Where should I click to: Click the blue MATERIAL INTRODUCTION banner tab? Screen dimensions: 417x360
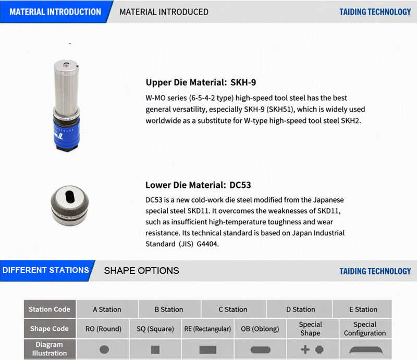pyautogui.click(x=55, y=11)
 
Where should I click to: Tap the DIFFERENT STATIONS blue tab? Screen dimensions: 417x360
pyautogui.click(x=46, y=271)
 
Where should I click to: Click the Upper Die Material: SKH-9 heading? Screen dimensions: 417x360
pyautogui.click(x=201, y=82)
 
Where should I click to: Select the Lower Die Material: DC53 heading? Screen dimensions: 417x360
pyautogui.click(x=198, y=185)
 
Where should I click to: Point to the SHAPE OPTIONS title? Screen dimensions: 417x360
pyautogui.click(x=141, y=271)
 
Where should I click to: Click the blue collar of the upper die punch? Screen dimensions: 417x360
pyautogui.click(x=67, y=132)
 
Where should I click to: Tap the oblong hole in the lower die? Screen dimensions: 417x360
pyautogui.click(x=70, y=197)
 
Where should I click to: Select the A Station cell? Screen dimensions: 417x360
pyautogui.click(x=107, y=309)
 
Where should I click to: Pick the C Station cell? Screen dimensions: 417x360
pyautogui.click(x=233, y=309)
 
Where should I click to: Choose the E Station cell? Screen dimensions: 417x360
pyautogui.click(x=362, y=309)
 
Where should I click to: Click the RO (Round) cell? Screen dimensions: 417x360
pyautogui.click(x=103, y=329)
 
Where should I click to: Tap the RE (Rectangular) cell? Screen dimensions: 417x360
pyautogui.click(x=207, y=329)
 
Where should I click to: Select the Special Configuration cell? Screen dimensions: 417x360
pyautogui.click(x=365, y=329)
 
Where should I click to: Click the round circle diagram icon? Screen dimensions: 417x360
pyautogui.click(x=104, y=350)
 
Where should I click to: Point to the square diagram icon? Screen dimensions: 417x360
pyautogui.click(x=155, y=350)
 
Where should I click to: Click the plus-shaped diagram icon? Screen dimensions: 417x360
pyautogui.click(x=305, y=350)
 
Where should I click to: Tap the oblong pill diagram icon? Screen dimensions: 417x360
pyautogui.click(x=260, y=350)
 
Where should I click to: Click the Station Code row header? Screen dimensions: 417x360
pyautogui.click(x=50, y=309)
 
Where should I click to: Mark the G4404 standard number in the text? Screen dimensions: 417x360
pyautogui.click(x=207, y=244)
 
